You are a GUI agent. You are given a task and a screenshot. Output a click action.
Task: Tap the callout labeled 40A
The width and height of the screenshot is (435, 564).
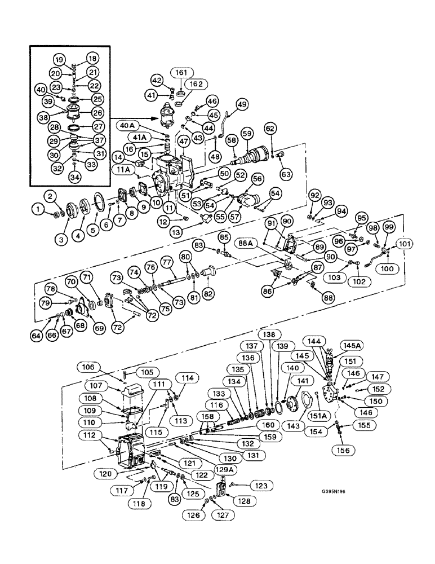tap(128, 125)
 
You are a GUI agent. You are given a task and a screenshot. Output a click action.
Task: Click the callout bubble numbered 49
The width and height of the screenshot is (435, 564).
tap(242, 104)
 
